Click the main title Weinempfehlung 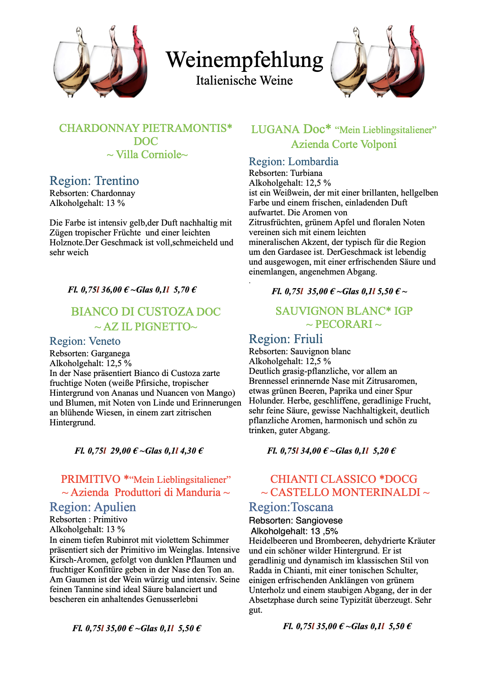coord(244,60)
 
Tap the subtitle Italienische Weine coord(244,81)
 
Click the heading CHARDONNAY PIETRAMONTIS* coord(145,128)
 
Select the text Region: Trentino coord(94,181)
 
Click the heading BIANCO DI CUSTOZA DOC coord(145,312)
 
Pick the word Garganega coord(110,353)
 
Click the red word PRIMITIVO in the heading coord(90,479)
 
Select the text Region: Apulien coord(92,507)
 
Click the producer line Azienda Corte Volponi coord(344,144)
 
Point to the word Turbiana coord(306,173)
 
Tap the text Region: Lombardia coord(293,161)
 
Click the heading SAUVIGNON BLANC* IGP coord(344,311)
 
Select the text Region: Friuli coord(286,339)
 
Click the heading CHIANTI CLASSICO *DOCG coord(344,479)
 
